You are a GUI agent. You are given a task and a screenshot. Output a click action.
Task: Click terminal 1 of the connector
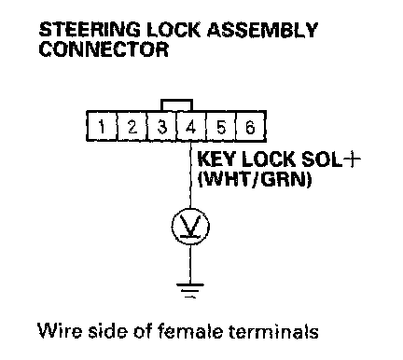(x=102, y=127)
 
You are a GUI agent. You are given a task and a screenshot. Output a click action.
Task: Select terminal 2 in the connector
(x=132, y=127)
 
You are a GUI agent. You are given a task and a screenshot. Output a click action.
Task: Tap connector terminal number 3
(x=161, y=127)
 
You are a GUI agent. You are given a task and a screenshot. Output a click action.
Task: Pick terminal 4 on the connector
(x=191, y=127)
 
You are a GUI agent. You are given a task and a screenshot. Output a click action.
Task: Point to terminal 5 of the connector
(x=221, y=127)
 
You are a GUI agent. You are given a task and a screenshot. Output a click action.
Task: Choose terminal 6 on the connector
(x=250, y=127)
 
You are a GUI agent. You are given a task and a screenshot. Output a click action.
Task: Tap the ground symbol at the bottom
(x=190, y=290)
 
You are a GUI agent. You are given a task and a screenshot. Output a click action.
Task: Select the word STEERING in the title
(x=90, y=30)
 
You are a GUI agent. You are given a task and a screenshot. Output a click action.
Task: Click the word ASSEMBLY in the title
(x=262, y=30)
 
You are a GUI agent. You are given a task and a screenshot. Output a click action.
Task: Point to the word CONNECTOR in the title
(x=104, y=48)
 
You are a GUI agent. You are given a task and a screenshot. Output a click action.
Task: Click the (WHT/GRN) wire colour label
(x=255, y=179)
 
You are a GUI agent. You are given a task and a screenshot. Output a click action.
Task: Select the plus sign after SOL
(x=352, y=159)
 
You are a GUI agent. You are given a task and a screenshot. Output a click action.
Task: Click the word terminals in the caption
(x=273, y=330)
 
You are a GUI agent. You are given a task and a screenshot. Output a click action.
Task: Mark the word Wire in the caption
(x=61, y=330)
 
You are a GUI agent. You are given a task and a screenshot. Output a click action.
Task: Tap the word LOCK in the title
(x=173, y=30)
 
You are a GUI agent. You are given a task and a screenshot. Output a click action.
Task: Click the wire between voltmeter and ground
(x=190, y=264)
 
